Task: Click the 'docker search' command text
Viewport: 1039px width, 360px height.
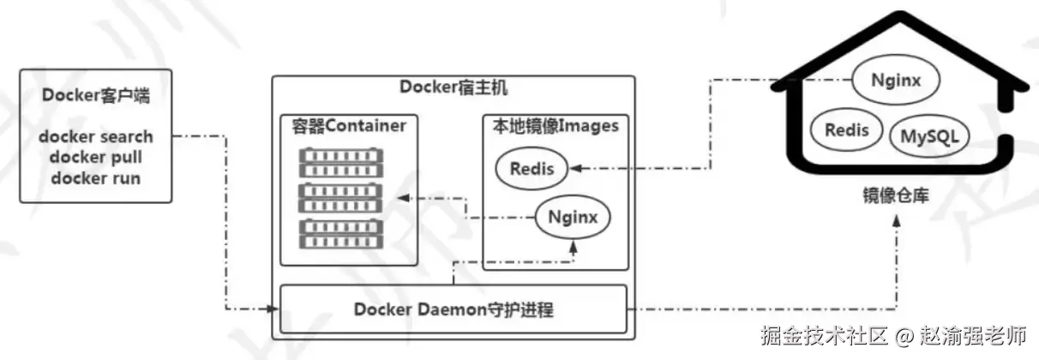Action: click(x=95, y=136)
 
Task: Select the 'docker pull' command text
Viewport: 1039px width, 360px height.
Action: click(x=95, y=157)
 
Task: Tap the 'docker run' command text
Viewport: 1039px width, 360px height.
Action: click(x=95, y=178)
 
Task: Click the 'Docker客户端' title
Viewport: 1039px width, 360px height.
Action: click(x=95, y=95)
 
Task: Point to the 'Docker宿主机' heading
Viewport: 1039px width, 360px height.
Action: click(x=453, y=87)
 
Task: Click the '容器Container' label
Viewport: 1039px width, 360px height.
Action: click(x=349, y=126)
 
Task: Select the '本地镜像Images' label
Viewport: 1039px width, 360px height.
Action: click(x=556, y=126)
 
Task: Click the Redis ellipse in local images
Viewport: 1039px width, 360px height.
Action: click(x=532, y=169)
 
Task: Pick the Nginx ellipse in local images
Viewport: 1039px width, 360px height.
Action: click(x=573, y=217)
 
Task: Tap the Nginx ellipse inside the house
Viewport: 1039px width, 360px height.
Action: click(x=896, y=81)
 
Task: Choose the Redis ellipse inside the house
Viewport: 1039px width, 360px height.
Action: click(x=846, y=130)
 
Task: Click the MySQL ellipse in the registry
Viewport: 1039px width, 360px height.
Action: click(x=929, y=136)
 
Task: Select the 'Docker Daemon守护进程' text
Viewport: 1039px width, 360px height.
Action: click(x=453, y=309)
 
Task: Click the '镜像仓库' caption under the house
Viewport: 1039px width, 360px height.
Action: click(x=896, y=195)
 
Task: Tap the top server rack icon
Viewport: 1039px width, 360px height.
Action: click(x=341, y=162)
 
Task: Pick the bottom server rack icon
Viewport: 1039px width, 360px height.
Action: click(x=341, y=233)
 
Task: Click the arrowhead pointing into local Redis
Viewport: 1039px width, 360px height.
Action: click(x=575, y=168)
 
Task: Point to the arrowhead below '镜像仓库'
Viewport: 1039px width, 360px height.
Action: click(x=897, y=221)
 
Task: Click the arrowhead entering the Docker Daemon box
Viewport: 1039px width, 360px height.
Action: click(x=273, y=309)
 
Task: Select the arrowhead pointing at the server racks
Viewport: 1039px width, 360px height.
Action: click(x=404, y=198)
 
